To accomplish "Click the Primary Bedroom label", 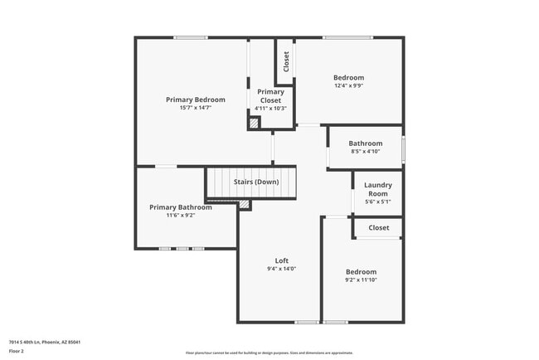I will pos(195,100).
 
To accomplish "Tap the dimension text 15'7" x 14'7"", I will pos(195,108).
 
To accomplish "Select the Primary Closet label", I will pos(270,96).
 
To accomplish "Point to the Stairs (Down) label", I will pos(255,182).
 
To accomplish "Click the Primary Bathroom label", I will pos(180,207).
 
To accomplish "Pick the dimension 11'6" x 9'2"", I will pos(180,216).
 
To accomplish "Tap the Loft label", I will pos(281,260).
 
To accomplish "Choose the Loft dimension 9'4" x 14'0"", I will pos(281,269).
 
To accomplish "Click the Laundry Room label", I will pos(378,189).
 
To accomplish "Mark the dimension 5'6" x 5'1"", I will pos(378,202).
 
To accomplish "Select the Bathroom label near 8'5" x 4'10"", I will pos(365,144).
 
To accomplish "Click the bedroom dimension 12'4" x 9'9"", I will pos(348,85).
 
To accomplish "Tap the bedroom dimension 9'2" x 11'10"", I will pos(361,280).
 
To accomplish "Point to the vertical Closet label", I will pos(286,61).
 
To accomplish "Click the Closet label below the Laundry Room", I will pos(378,227).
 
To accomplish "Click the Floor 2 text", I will pos(17,351).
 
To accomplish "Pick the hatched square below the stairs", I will pos(244,204).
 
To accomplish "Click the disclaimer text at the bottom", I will pos(269,353).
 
